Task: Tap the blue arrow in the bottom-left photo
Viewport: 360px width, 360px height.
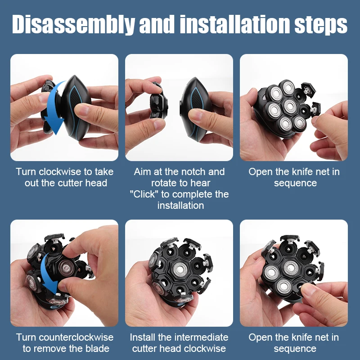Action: tap(49, 274)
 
